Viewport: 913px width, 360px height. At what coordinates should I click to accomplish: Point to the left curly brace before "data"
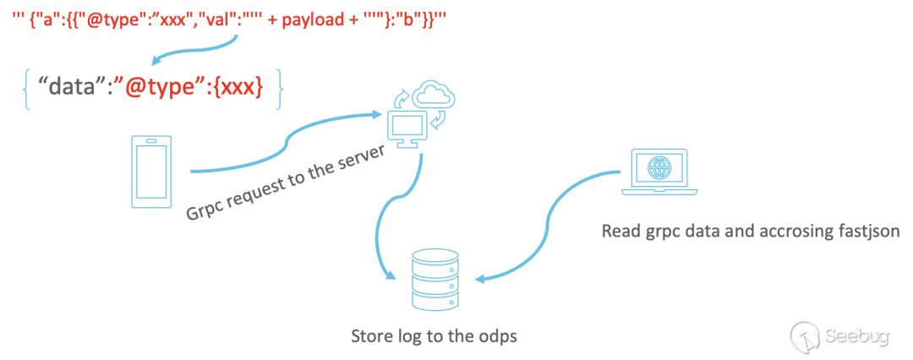(x=27, y=87)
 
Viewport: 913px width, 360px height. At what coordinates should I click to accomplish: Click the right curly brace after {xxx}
(x=279, y=87)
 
